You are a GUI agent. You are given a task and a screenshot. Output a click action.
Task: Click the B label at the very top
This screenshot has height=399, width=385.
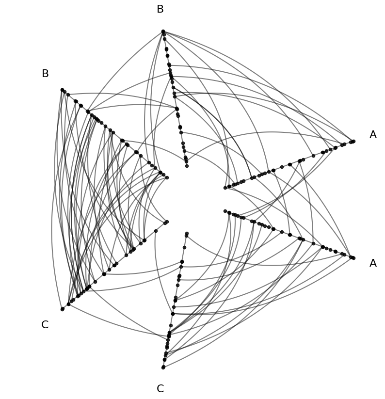[160, 9]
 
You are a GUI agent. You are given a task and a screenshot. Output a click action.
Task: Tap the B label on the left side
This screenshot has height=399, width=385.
[45, 74]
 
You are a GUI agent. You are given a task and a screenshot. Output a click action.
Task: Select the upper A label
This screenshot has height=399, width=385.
[373, 135]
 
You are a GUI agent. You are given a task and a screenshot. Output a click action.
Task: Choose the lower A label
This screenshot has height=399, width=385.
[373, 263]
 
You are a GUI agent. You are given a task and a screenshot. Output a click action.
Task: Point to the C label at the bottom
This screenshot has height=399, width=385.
[160, 388]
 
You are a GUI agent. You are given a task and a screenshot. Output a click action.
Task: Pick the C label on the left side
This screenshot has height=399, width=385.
[45, 325]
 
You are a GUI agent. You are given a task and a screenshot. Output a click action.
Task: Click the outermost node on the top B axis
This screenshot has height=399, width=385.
[163, 32]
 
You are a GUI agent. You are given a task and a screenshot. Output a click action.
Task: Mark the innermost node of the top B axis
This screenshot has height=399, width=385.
[187, 166]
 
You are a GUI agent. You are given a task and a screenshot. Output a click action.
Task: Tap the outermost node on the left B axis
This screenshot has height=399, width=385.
[63, 90]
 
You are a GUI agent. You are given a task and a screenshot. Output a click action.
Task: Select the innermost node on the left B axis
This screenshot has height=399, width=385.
[167, 177]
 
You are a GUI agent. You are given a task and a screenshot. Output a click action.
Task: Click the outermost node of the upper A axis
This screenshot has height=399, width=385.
[353, 141]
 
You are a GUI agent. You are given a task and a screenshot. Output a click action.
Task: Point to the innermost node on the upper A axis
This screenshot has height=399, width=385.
[225, 188]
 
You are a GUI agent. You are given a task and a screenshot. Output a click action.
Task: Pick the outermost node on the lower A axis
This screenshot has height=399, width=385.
[353, 258]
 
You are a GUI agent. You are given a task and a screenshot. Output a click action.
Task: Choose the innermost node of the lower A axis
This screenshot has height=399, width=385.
[225, 211]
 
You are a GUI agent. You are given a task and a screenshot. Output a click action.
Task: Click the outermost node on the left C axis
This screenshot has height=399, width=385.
[63, 309]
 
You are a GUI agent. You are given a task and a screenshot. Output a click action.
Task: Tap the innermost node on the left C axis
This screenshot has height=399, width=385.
[167, 222]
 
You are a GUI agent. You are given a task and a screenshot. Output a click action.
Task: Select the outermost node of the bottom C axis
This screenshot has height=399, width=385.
[163, 367]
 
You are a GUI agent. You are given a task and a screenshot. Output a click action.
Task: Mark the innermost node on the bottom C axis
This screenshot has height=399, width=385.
[187, 233]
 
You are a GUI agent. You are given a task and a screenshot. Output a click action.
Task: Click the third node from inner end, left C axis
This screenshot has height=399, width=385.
[156, 231]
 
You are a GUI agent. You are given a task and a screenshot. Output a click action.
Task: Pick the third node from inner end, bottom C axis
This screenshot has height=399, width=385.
[184, 248]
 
